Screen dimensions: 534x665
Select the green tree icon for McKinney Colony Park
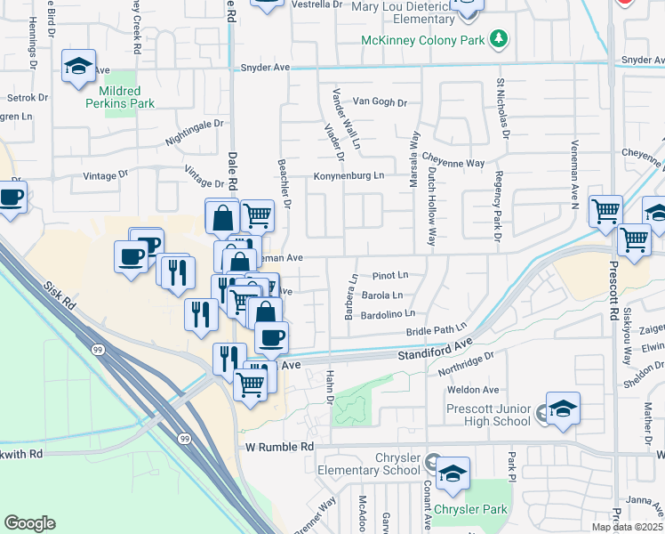[500, 38]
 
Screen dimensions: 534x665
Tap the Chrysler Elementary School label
[373, 464]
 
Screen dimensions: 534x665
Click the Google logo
[29, 523]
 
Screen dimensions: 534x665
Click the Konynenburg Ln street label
[348, 175]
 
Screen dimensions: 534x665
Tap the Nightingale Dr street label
[194, 133]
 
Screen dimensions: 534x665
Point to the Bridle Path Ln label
[437, 331]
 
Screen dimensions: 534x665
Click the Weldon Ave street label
[473, 390]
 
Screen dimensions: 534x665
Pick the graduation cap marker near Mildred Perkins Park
[78, 66]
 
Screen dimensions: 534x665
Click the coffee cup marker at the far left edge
[11, 198]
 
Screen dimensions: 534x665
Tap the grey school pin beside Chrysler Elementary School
[432, 463]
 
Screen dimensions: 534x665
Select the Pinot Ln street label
[390, 276]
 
